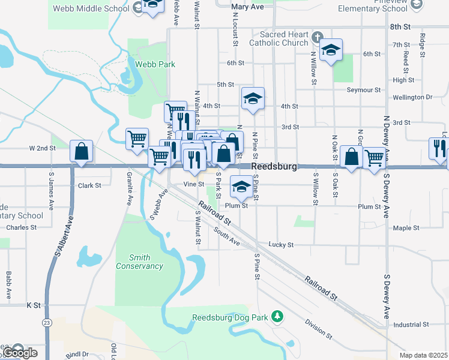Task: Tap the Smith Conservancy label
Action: coord(139,262)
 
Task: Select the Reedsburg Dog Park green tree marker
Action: coord(277,316)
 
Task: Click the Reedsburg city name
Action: coord(274,166)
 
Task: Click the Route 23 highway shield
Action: coord(47,305)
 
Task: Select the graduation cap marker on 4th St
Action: coord(253,99)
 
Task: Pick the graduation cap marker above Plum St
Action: coord(241,187)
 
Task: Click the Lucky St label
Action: coord(281,245)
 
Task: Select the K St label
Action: coord(33,305)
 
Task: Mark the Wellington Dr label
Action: coord(412,97)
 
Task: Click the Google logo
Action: coord(19,353)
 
